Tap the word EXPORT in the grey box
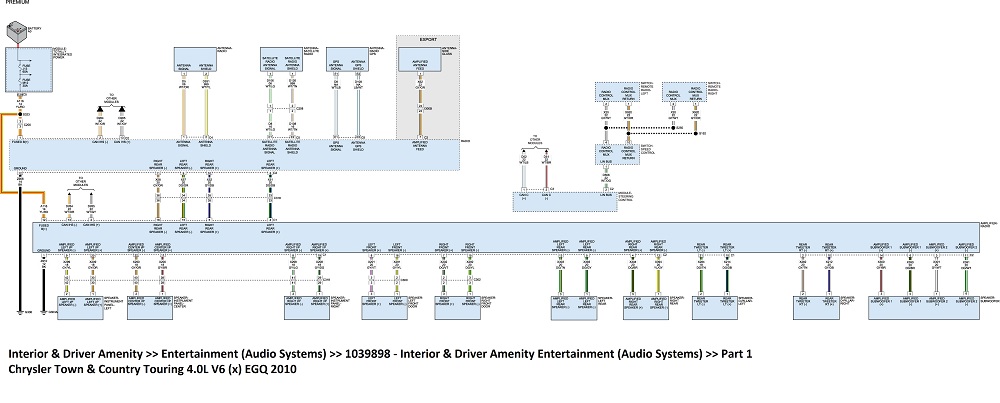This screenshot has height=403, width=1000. point(428,41)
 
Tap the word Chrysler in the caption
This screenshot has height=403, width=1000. point(31,370)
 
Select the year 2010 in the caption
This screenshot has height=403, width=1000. point(282,370)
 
